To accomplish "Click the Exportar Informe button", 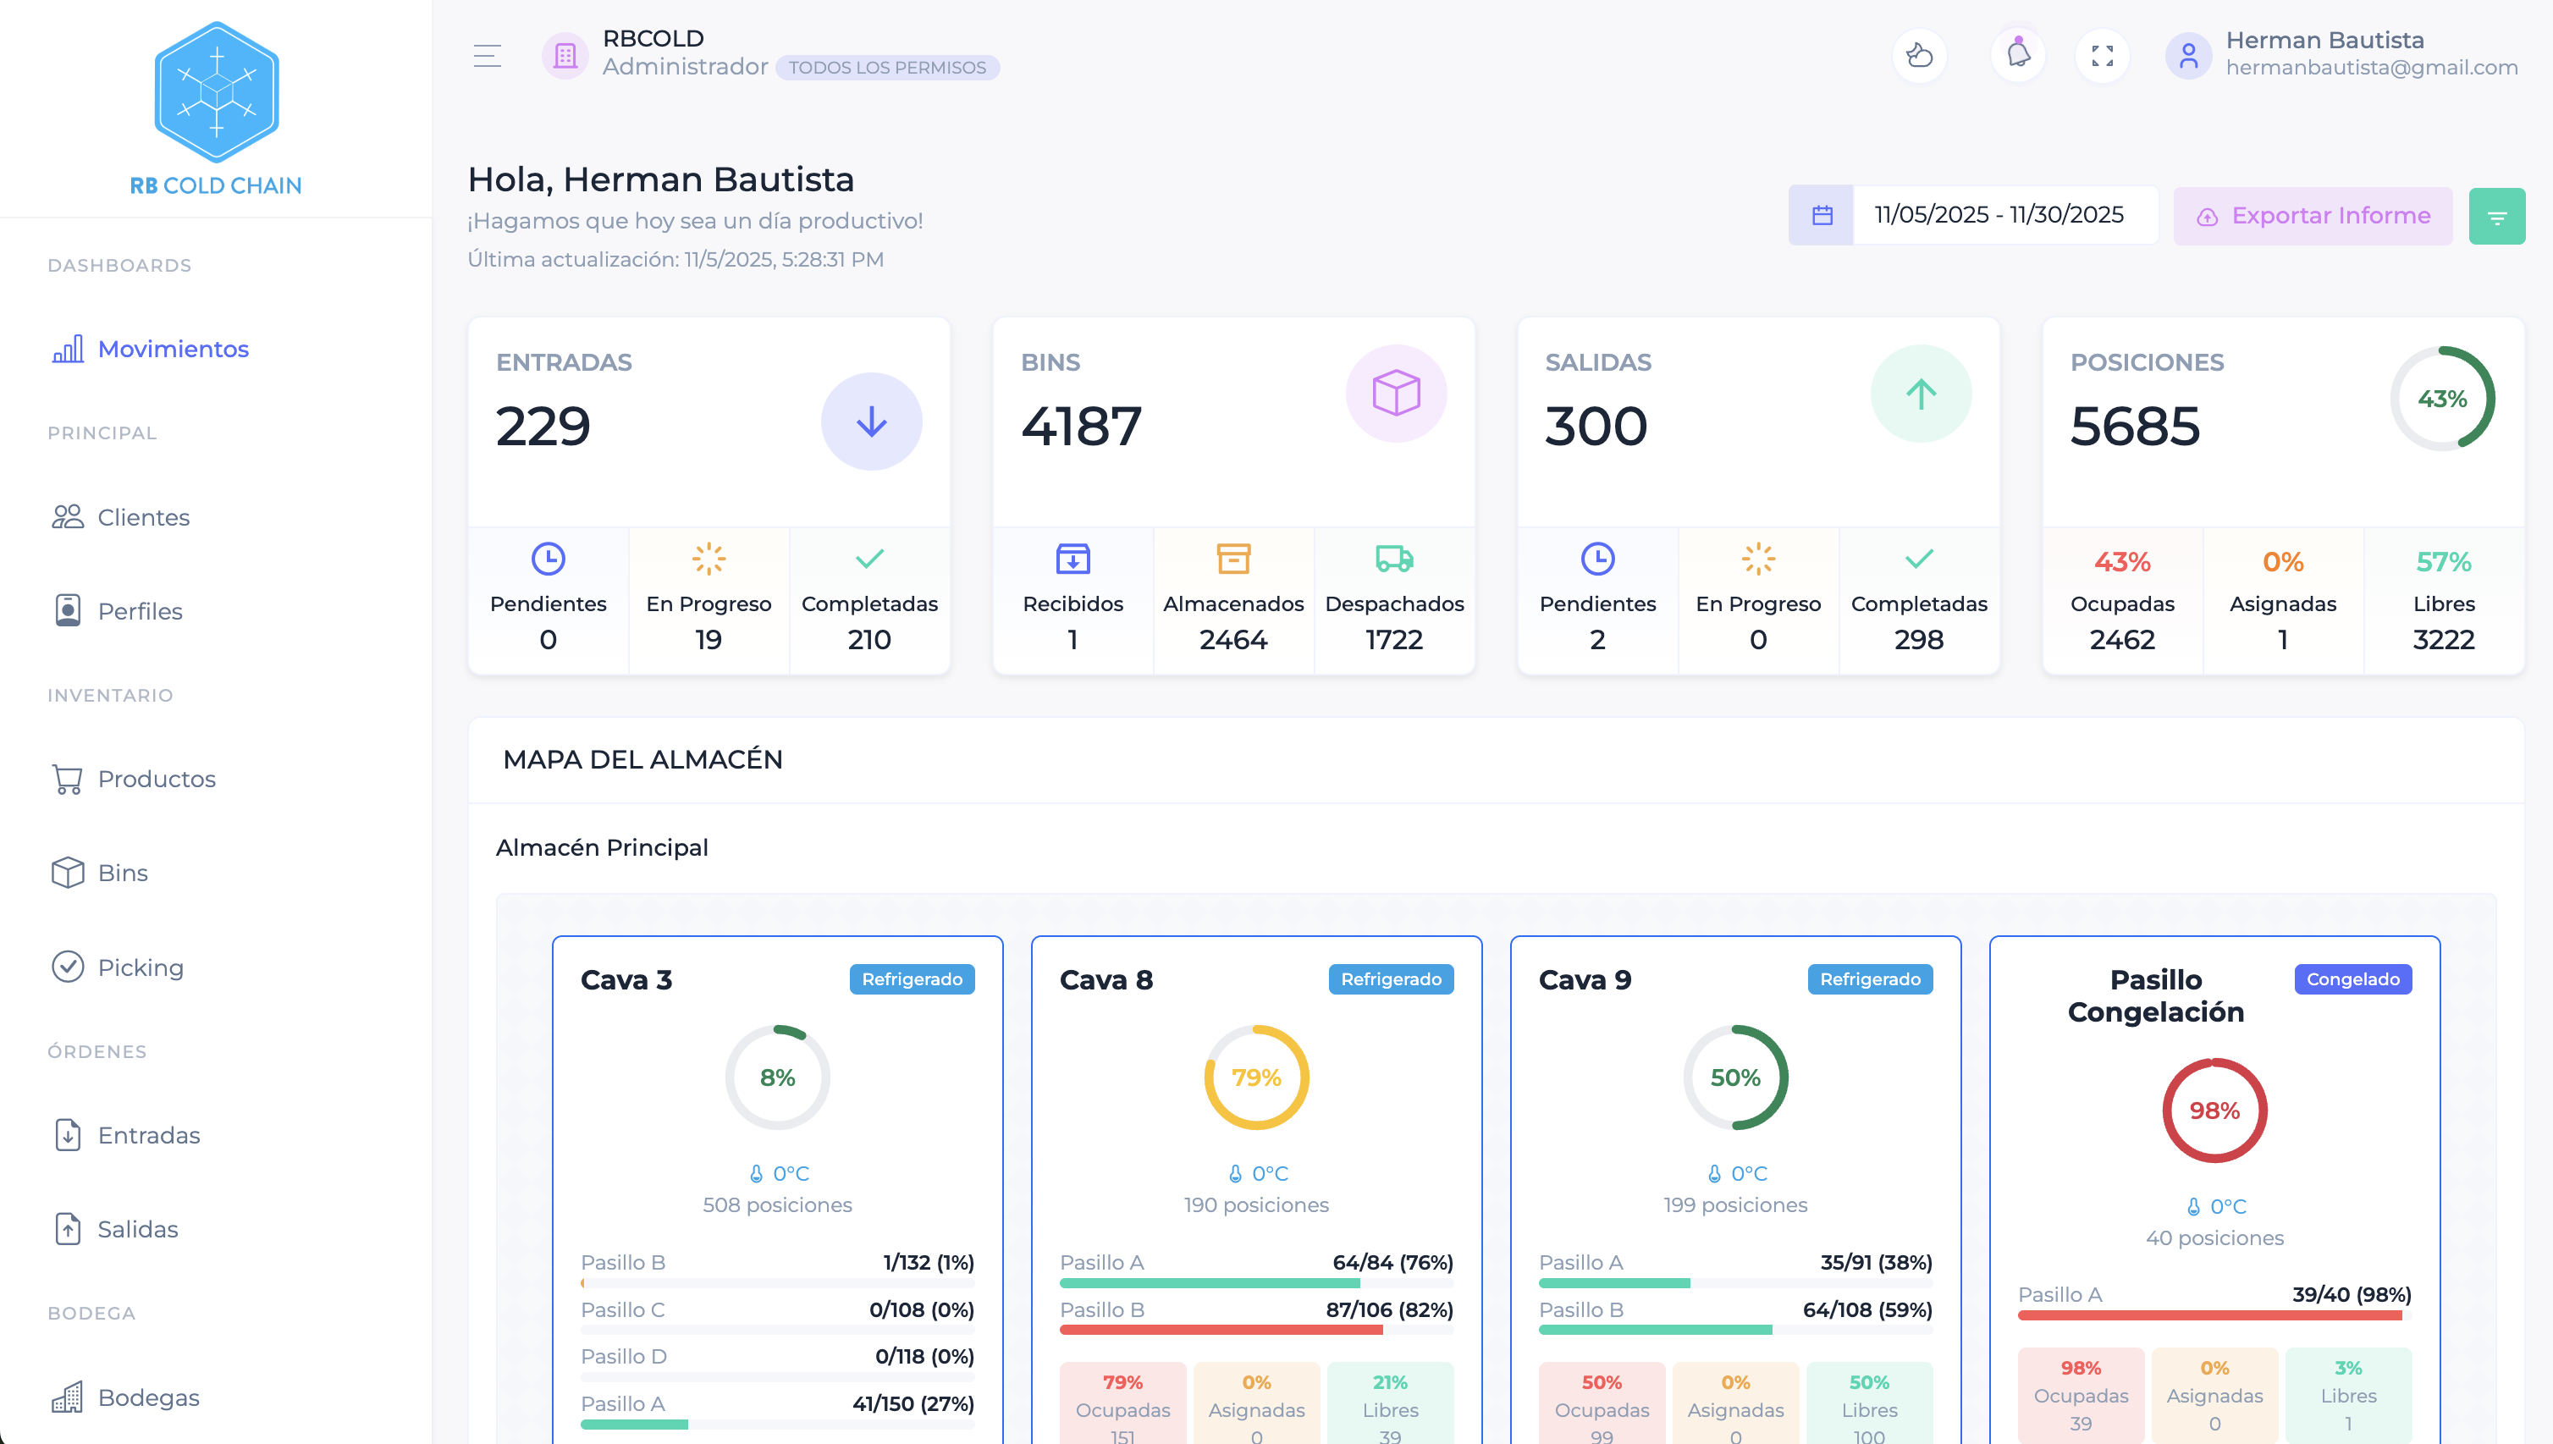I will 2312,216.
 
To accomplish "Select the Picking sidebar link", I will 140,967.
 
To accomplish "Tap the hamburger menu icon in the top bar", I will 487,56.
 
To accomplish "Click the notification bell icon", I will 2017,56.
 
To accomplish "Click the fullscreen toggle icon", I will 2102,56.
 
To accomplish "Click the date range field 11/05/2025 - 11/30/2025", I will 1998,215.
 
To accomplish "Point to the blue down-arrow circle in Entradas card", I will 871,422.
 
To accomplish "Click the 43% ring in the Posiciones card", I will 2441,399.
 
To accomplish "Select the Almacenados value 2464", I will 1232,640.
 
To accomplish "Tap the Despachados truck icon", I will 1393,559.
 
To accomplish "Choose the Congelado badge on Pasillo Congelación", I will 2352,978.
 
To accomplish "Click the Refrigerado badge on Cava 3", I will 912,978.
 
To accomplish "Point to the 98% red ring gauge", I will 2214,1110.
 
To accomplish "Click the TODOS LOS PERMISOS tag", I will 887,68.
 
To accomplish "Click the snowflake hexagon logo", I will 216,92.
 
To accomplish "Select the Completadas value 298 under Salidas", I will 1918,640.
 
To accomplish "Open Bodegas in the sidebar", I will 148,1397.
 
